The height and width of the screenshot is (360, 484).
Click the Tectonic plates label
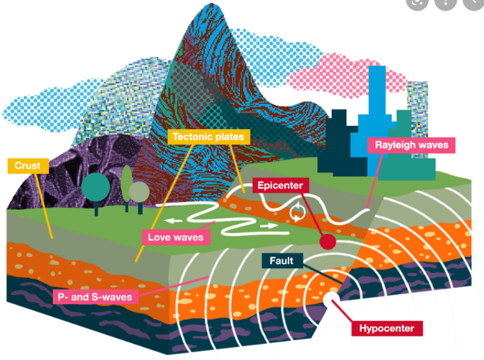(209, 137)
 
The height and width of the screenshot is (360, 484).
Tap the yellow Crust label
(28, 166)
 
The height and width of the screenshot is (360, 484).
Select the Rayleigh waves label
(411, 145)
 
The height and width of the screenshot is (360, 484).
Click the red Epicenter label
(281, 185)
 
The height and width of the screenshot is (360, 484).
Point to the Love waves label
(176, 237)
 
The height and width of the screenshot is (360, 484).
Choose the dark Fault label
(282, 261)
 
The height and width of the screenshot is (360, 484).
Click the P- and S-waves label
(96, 297)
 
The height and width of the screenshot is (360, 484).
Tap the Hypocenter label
(387, 329)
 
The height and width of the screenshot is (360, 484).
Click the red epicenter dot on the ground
(328, 241)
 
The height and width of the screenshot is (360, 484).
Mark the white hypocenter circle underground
(331, 300)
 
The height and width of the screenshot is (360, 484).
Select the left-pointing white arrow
(173, 221)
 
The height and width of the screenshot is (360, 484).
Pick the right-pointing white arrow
(269, 226)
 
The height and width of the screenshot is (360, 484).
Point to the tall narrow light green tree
(127, 186)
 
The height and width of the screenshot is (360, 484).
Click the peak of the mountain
(211, 4)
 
